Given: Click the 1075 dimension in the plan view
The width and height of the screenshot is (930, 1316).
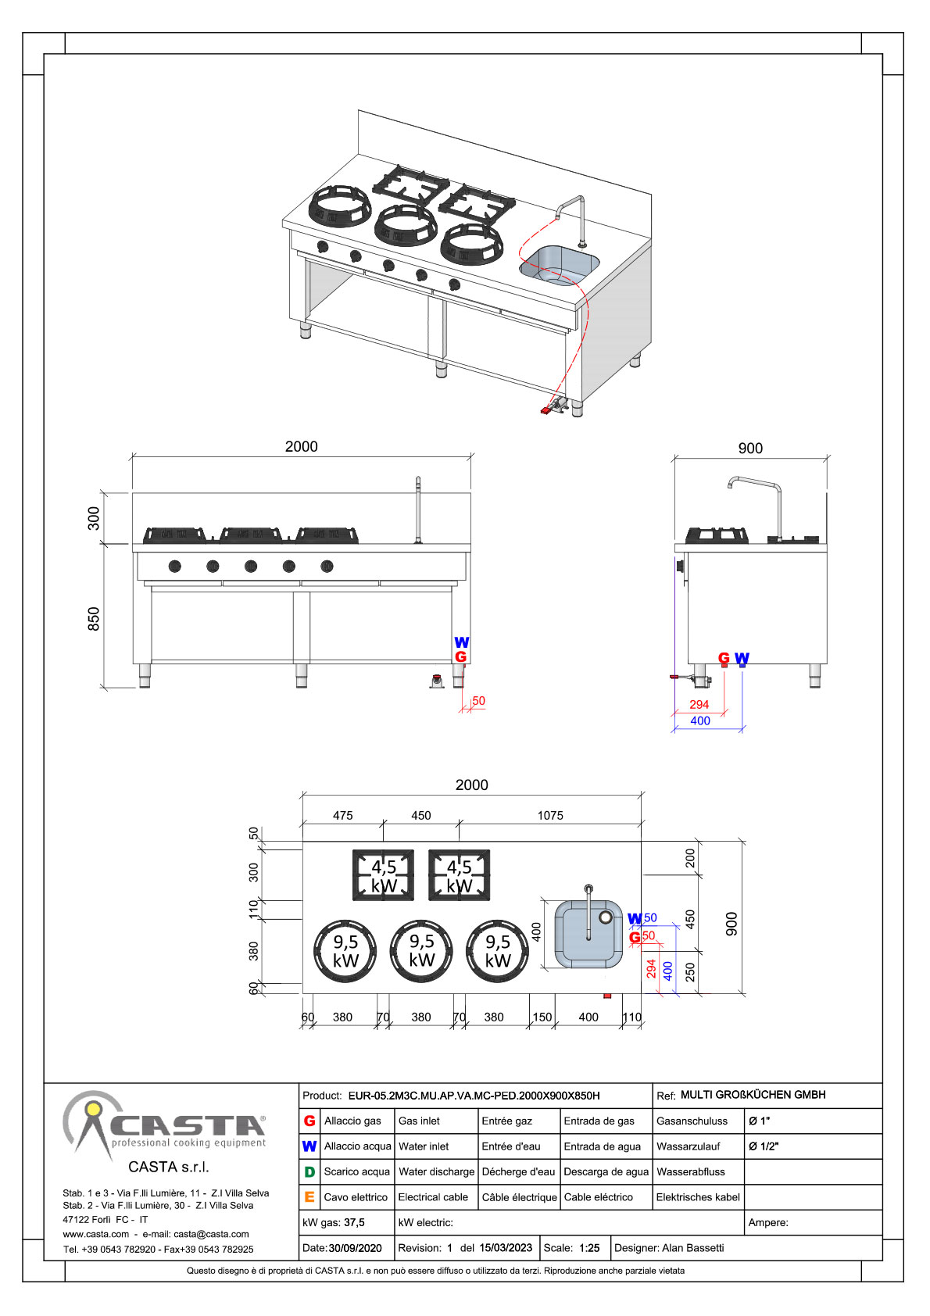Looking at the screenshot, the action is click(550, 815).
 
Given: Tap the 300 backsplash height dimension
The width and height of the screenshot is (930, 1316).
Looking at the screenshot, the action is click(94, 518).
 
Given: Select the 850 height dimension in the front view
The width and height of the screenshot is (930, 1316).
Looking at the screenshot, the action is click(94, 619).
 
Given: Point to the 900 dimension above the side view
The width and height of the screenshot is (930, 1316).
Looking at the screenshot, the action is click(750, 449).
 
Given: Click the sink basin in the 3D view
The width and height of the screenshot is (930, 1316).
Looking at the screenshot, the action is click(560, 266).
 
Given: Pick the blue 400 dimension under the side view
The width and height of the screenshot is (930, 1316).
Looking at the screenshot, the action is click(699, 721).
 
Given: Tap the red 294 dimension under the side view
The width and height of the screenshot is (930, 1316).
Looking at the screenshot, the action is click(699, 704).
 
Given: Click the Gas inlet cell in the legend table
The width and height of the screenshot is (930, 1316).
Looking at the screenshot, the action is click(419, 1121).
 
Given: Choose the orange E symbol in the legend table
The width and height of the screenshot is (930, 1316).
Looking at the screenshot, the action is click(309, 1196).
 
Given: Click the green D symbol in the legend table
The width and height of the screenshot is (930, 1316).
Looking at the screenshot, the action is click(309, 1171).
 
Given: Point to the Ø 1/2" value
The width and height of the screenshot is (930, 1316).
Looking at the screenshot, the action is click(764, 1146).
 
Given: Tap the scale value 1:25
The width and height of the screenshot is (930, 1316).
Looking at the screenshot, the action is click(589, 1248).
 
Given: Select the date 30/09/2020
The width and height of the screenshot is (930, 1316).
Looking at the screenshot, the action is click(355, 1248).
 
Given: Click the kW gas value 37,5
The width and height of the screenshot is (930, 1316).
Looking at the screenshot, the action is click(354, 1222).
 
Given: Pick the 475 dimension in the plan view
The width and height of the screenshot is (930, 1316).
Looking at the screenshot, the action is click(342, 815).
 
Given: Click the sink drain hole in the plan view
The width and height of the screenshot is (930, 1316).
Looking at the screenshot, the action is click(606, 917).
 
